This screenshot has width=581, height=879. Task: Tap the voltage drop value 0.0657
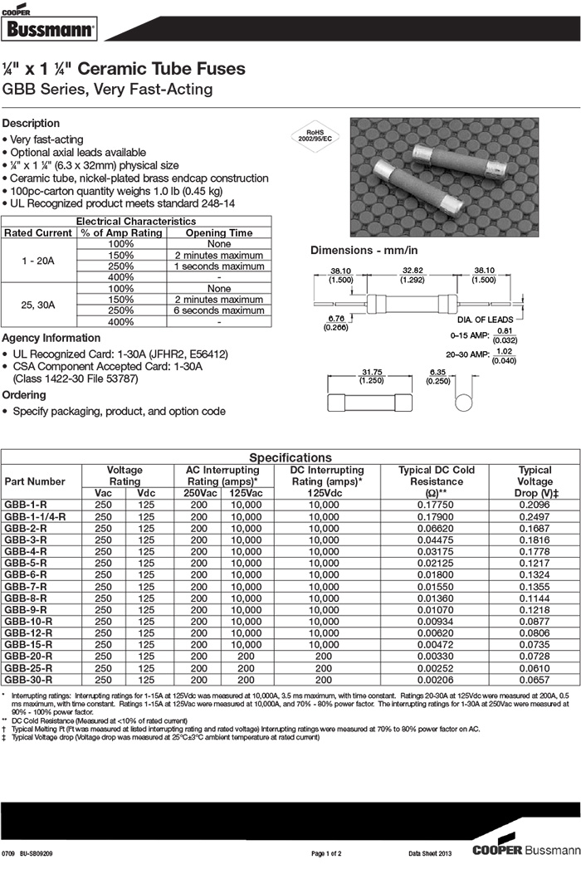click(535, 679)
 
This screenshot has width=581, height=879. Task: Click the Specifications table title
click(290, 457)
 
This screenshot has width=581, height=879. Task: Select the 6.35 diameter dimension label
click(439, 372)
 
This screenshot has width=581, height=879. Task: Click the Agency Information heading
click(51, 339)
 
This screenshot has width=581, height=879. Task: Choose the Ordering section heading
click(24, 395)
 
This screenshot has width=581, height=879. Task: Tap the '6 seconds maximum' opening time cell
click(219, 310)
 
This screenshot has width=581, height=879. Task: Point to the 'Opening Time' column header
click(219, 233)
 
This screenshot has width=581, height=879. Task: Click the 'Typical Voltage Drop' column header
click(535, 481)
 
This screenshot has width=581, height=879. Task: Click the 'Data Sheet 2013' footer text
click(429, 853)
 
